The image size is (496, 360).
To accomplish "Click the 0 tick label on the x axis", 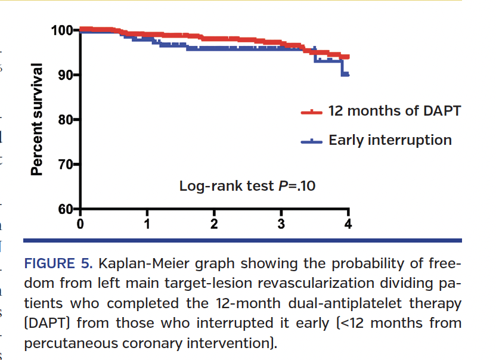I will tap(80, 224).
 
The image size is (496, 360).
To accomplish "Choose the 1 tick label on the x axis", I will tap(147, 224).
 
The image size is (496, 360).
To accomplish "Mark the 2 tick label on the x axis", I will tap(214, 224).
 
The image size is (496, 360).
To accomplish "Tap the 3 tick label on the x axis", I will tap(281, 224).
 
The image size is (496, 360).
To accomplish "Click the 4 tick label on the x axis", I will tap(349, 224).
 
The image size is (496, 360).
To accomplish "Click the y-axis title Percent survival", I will tap(37, 119).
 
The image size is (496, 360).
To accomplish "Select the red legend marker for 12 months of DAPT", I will tap(311, 111).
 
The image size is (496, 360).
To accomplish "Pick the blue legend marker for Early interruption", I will tap(311, 141).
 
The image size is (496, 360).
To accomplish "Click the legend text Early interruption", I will tap(390, 141).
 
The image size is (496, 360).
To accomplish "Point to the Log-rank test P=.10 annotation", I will tap(247, 186).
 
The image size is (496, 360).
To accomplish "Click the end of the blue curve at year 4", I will tap(346, 75).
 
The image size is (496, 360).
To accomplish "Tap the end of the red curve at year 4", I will tap(346, 57).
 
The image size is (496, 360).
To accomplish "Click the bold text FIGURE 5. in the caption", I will tap(57, 263).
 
